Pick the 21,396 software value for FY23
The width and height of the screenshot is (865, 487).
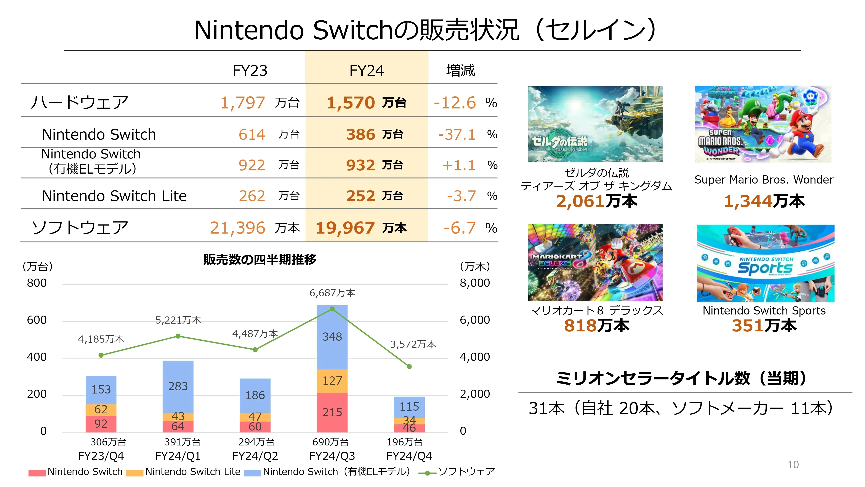pyautogui.click(x=237, y=228)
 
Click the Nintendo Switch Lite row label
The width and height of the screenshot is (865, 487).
pyautogui.click(x=114, y=196)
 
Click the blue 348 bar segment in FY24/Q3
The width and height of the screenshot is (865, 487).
pyautogui.click(x=332, y=337)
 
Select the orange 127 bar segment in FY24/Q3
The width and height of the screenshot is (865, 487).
pyautogui.click(x=332, y=381)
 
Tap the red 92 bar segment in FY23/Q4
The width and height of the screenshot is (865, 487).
pyautogui.click(x=101, y=424)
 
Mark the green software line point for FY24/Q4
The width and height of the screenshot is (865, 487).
pyautogui.click(x=409, y=367)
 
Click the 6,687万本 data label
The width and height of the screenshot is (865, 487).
pyautogui.click(x=332, y=293)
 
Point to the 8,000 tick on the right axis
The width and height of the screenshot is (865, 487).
pyautogui.click(x=474, y=283)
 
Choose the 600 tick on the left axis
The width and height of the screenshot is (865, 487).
pyautogui.click(x=37, y=320)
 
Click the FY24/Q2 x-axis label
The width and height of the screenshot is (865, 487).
pyautogui.click(x=255, y=456)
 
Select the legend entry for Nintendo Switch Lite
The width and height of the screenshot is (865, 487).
pyautogui.click(x=192, y=472)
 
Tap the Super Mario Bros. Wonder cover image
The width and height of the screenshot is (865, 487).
pyautogui.click(x=763, y=124)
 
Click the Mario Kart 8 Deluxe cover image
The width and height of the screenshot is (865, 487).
pyautogui.click(x=595, y=263)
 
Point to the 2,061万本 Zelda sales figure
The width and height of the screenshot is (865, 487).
pyautogui.click(x=596, y=201)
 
